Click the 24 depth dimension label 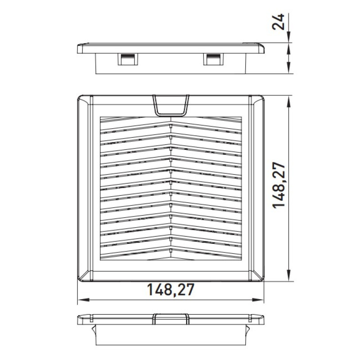click(x=278, y=22)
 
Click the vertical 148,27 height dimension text click(x=279, y=185)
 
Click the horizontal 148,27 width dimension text click(x=171, y=289)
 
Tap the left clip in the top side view click(x=128, y=59)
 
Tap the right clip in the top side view click(x=213, y=59)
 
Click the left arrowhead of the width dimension click(x=83, y=300)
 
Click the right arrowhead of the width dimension click(x=258, y=300)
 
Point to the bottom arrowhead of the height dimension click(x=289, y=275)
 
